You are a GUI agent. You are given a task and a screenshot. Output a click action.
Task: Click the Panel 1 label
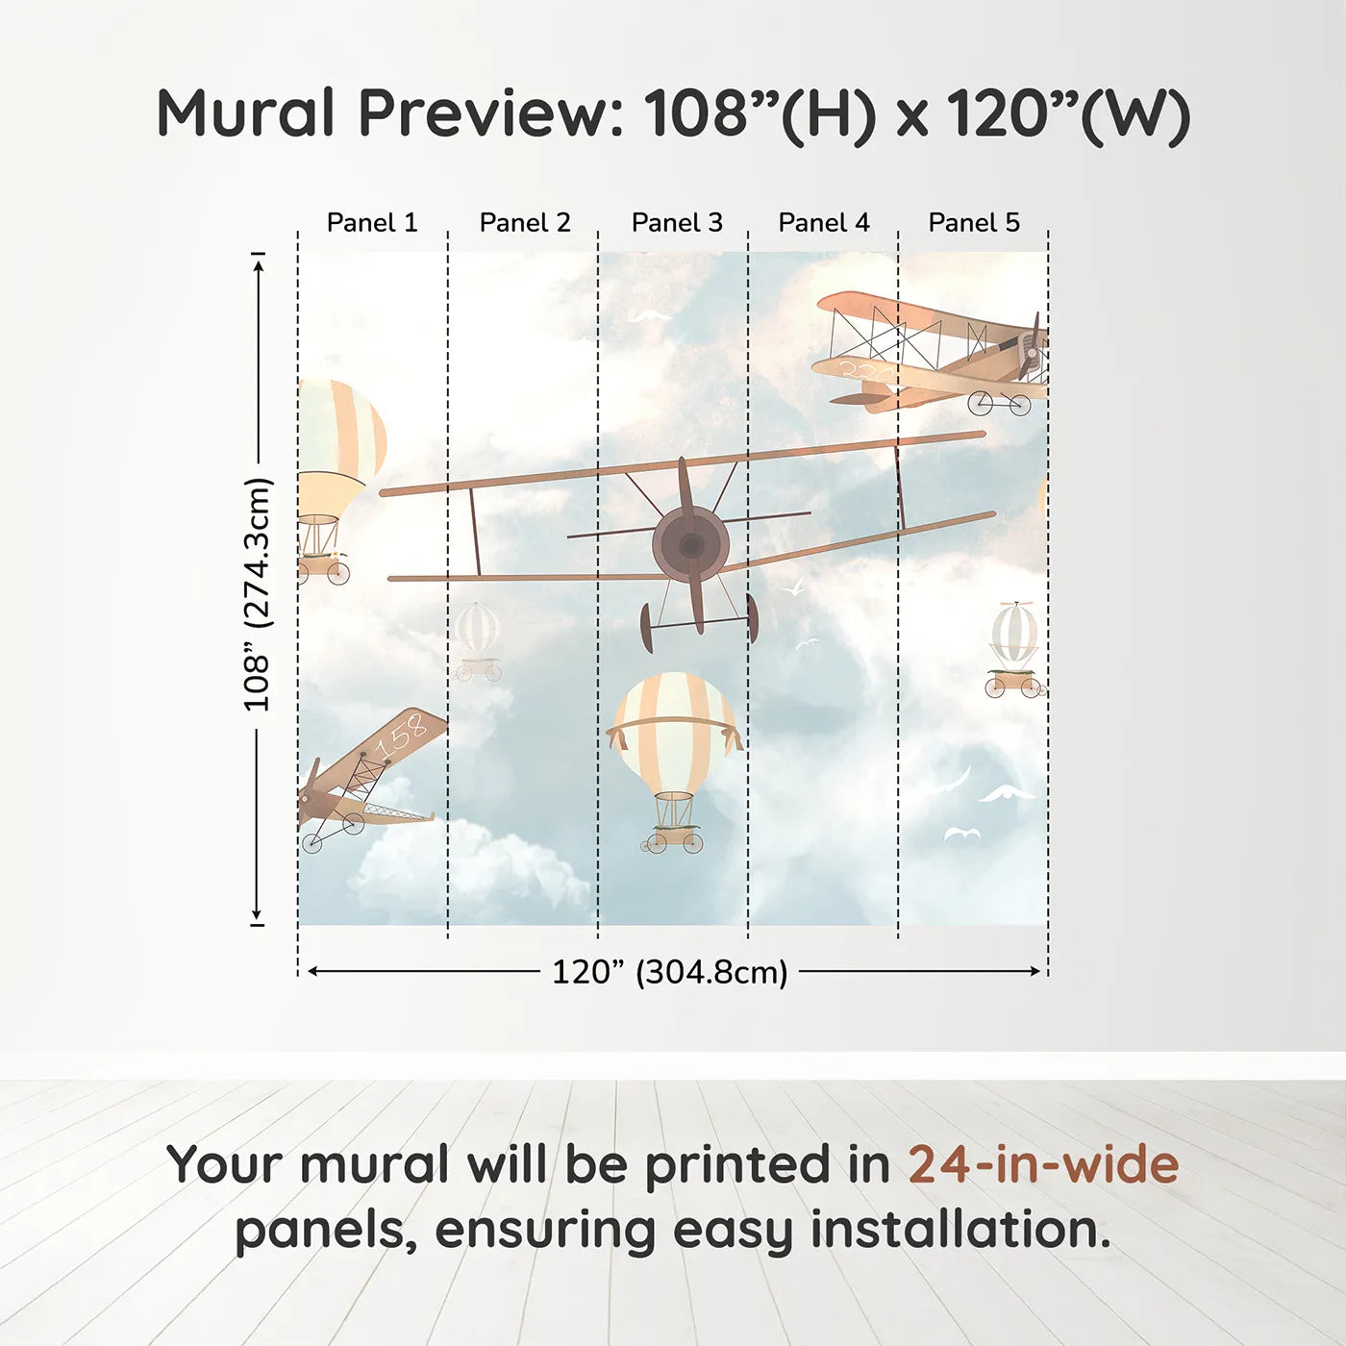click(x=372, y=223)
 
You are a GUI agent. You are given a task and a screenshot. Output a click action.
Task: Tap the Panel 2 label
click(x=525, y=223)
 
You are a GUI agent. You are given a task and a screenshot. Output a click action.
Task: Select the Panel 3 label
click(x=677, y=223)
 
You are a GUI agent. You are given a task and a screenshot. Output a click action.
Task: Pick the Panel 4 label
click(x=824, y=223)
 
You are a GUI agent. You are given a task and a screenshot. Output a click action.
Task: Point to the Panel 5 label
click(x=974, y=223)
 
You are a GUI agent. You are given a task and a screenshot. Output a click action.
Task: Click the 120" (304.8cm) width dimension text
click(x=669, y=972)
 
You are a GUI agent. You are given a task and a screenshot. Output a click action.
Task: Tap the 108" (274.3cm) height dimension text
click(x=258, y=594)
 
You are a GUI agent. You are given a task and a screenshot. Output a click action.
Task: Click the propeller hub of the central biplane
click(x=690, y=545)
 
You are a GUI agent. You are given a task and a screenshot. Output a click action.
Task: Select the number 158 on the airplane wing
click(x=401, y=736)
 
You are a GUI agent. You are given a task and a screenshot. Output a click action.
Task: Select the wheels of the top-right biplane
click(x=1000, y=404)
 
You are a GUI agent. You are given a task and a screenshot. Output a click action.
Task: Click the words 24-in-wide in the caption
click(x=1043, y=1164)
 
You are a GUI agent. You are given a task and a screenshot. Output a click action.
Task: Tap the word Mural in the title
click(x=245, y=113)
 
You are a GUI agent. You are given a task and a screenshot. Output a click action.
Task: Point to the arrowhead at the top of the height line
click(x=258, y=262)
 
